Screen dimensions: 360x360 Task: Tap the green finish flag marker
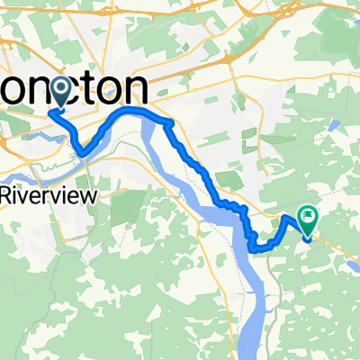click(310, 217)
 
